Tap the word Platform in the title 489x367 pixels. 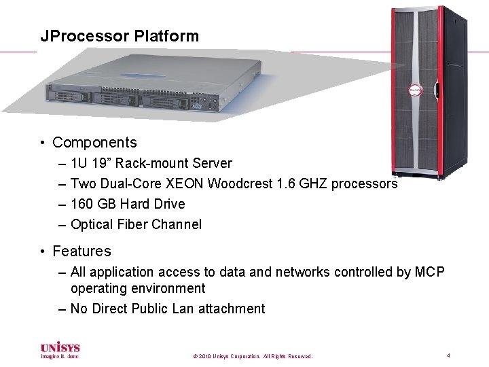(166, 36)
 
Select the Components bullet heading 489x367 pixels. (94, 143)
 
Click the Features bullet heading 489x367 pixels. (81, 251)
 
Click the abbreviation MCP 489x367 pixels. (430, 272)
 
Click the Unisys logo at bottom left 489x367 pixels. (60, 350)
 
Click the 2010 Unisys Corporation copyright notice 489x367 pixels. (253, 356)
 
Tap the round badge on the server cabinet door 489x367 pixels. (414, 91)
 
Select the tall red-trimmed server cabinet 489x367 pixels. (416, 92)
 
